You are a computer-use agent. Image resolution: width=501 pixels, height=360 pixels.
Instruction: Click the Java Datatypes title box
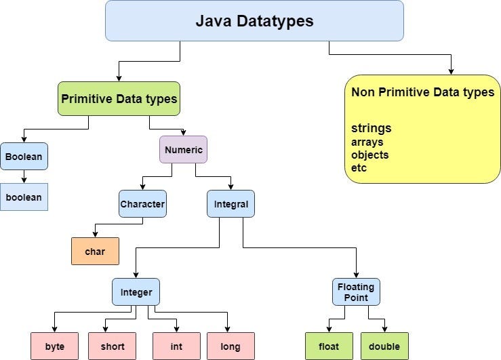pos(254,21)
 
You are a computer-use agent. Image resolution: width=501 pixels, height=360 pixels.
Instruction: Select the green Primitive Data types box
pos(119,99)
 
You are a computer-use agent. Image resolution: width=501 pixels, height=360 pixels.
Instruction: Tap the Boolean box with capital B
pos(24,157)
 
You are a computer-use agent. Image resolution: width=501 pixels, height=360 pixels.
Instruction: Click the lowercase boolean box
pos(24,197)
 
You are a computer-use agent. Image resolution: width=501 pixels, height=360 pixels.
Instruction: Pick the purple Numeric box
pos(183,150)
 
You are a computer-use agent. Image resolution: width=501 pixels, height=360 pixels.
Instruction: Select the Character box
pos(142,203)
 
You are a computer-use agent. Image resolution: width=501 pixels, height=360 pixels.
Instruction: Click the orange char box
pos(95,252)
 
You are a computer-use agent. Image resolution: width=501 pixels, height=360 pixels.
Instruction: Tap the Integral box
pos(231,203)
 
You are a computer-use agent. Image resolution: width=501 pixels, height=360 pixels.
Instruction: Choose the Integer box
pos(136,292)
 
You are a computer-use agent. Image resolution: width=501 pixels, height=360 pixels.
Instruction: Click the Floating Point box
pos(356,292)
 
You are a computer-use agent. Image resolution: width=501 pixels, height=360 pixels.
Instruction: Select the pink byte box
pos(55,346)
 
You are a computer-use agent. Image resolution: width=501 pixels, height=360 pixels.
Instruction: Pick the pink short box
pos(112,346)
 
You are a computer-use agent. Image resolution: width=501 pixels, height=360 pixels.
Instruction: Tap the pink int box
pos(176,346)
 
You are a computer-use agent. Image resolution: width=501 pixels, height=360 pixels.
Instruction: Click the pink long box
pos(231,346)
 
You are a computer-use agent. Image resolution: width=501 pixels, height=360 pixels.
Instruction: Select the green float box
pos(329,346)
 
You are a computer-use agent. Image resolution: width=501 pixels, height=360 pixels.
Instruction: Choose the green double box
pos(384,346)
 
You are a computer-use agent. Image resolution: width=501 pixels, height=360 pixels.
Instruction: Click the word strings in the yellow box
pos(371,128)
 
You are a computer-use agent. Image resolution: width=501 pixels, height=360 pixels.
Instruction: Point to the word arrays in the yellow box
pos(367,142)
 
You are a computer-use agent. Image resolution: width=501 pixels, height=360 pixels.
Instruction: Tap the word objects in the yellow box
pos(369,155)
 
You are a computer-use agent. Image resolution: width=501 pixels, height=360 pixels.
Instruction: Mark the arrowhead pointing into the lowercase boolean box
pos(24,180)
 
